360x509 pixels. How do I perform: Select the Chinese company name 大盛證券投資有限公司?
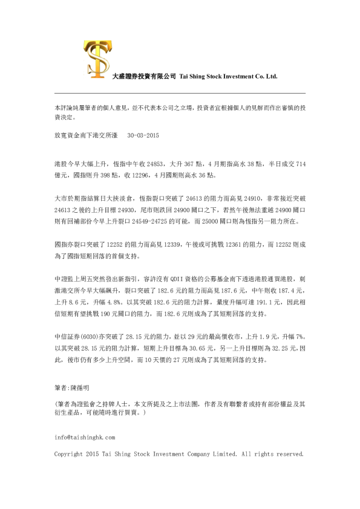coord(144,77)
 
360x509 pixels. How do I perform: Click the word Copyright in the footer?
coord(69,453)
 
